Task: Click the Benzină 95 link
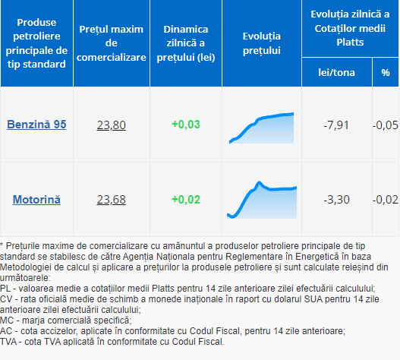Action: click(x=36, y=125)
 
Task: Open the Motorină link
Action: click(x=36, y=200)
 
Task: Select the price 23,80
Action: click(x=112, y=125)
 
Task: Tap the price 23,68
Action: click(x=112, y=200)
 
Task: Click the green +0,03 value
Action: click(x=186, y=125)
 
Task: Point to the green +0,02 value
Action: click(x=186, y=200)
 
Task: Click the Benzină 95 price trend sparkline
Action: click(x=261, y=128)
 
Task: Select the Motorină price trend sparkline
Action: click(x=262, y=200)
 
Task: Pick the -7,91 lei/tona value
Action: click(x=336, y=125)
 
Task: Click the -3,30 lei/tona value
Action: click(x=336, y=200)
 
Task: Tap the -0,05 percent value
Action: click(x=386, y=125)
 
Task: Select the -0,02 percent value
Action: click(x=386, y=200)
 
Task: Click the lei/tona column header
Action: click(x=336, y=73)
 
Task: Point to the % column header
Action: click(x=386, y=73)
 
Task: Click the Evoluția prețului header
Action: click(x=262, y=43)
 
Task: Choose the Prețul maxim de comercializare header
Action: click(x=112, y=43)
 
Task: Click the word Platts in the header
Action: click(x=350, y=42)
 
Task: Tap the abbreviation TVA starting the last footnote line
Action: click(x=8, y=342)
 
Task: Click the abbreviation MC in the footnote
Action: click(x=7, y=321)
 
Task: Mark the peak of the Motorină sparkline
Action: click(x=259, y=182)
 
